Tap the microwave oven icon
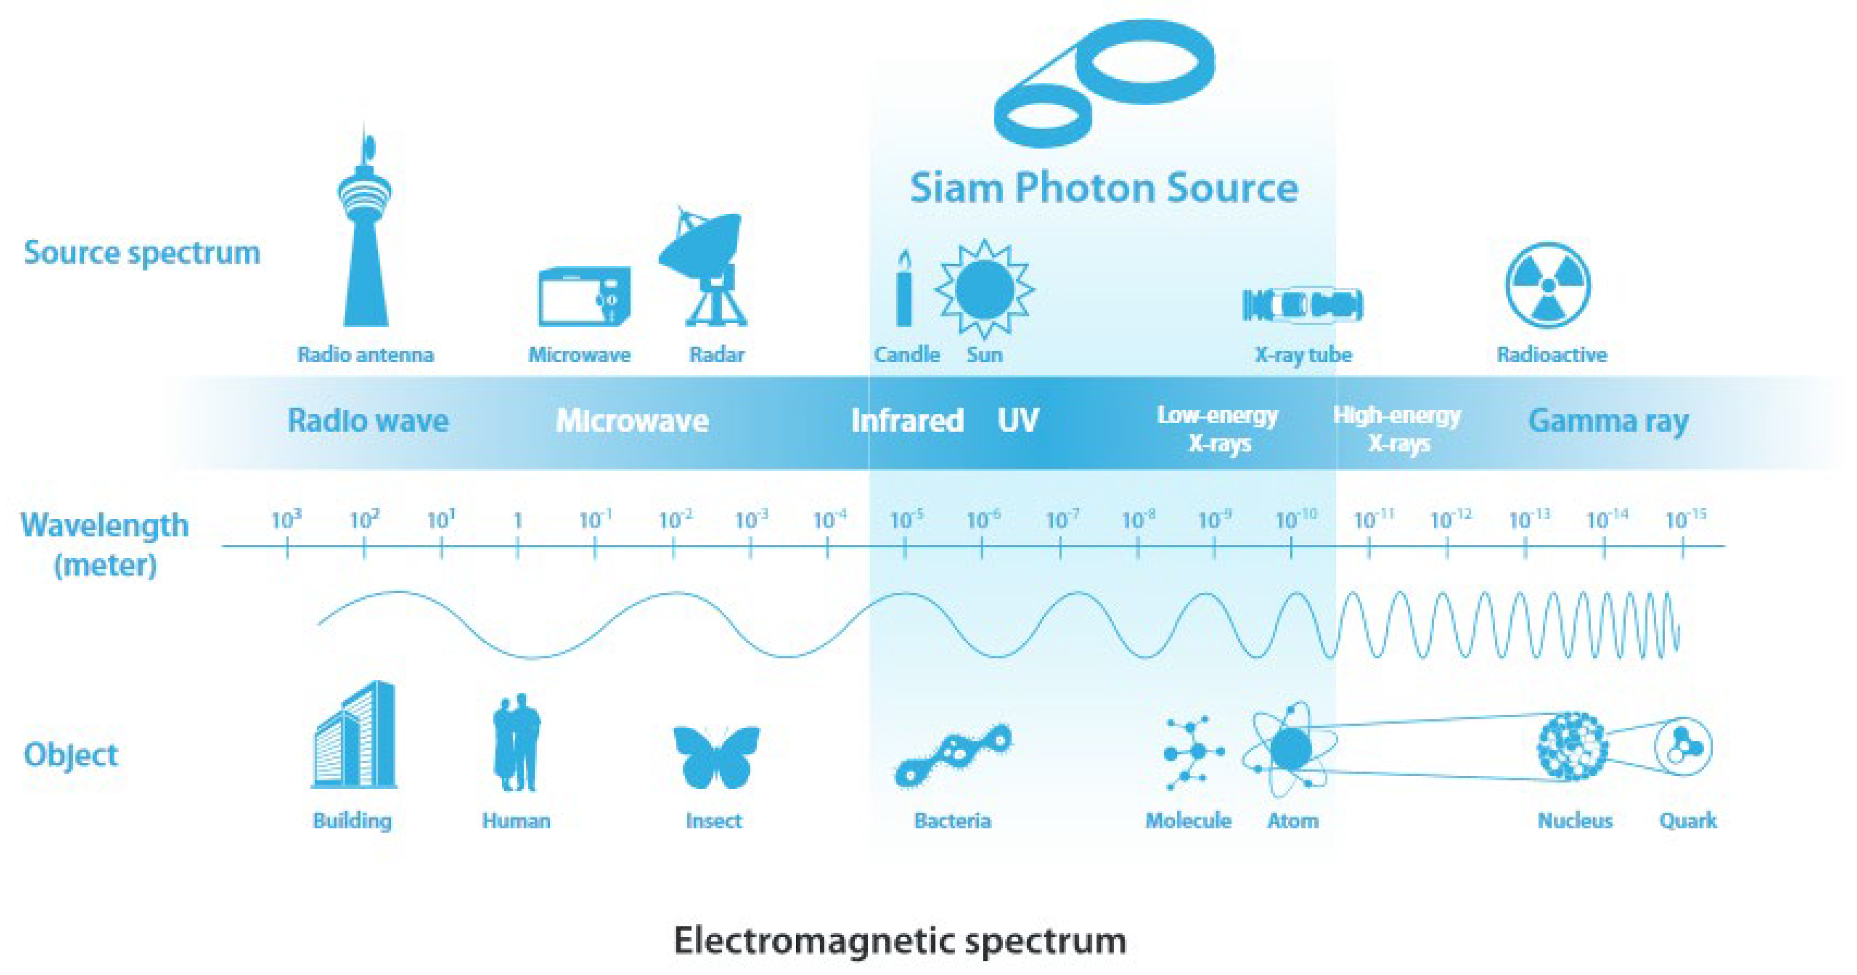(x=584, y=296)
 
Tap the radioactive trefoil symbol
(x=1548, y=285)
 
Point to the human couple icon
(x=517, y=743)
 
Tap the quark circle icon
(x=1683, y=747)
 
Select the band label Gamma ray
(x=1608, y=421)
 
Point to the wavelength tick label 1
(x=517, y=519)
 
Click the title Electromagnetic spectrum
(x=900, y=940)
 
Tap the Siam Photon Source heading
(x=1103, y=187)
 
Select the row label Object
(x=71, y=754)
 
